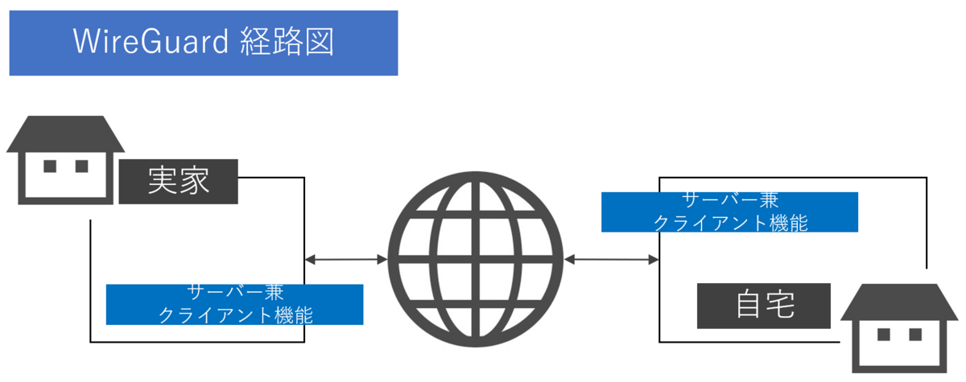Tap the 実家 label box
178,182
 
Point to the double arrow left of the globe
346,259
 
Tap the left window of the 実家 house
50,166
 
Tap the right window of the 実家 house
80,166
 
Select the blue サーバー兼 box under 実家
234,304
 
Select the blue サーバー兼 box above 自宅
729,212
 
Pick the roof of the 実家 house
65,133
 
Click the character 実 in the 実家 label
163,182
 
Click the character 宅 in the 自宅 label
780,305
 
